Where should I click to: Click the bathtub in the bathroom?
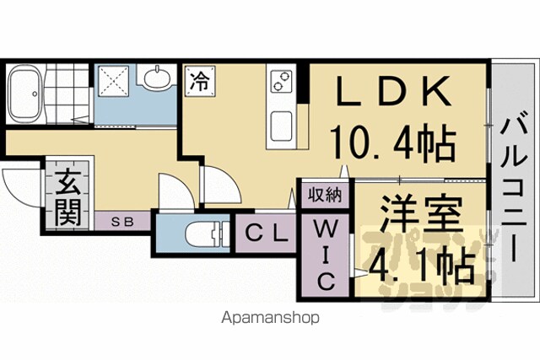24,94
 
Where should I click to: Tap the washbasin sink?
157,78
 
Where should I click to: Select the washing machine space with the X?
113,81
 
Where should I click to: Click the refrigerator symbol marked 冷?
200,81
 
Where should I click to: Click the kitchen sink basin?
281,126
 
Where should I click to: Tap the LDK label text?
394,91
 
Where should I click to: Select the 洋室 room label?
421,212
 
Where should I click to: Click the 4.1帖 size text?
422,264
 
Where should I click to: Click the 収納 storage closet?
325,195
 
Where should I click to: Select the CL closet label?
267,234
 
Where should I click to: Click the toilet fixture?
207,234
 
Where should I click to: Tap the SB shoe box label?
122,223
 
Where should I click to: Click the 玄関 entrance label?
68,197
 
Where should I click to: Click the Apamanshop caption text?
270,318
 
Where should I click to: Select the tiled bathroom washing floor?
67,93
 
